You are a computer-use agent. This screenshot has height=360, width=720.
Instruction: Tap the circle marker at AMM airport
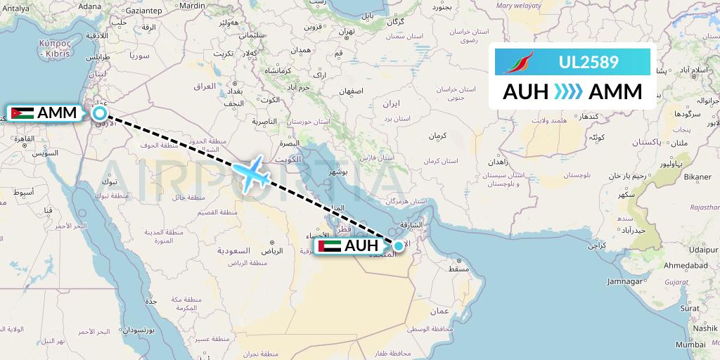click(x=100, y=112)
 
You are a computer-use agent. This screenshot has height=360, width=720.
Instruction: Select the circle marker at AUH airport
click(x=399, y=245)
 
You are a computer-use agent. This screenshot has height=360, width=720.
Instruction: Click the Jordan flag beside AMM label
click(x=22, y=113)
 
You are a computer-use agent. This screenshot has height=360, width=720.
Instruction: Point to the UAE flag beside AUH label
click(x=329, y=246)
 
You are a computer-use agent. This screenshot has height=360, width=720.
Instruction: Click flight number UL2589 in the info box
click(x=589, y=63)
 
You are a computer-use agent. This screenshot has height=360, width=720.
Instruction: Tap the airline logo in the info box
click(x=520, y=63)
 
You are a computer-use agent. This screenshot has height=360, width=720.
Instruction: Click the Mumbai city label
click(x=690, y=345)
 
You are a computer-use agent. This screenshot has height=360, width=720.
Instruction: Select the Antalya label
click(x=15, y=8)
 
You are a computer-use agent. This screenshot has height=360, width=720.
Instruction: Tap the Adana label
click(x=89, y=6)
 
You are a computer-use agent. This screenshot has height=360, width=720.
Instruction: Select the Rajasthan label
click(x=705, y=208)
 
